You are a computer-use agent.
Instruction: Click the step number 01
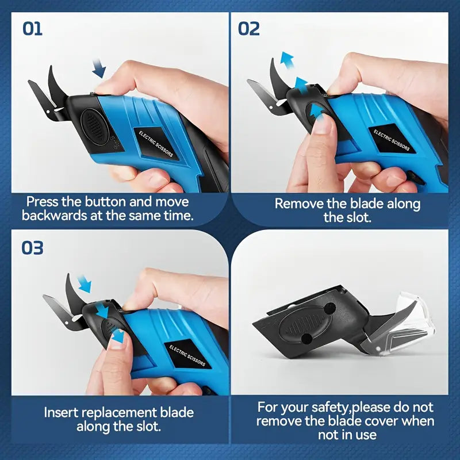[x=32, y=28]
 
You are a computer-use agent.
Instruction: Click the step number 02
[x=249, y=28]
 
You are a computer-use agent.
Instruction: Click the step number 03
[x=33, y=248]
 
